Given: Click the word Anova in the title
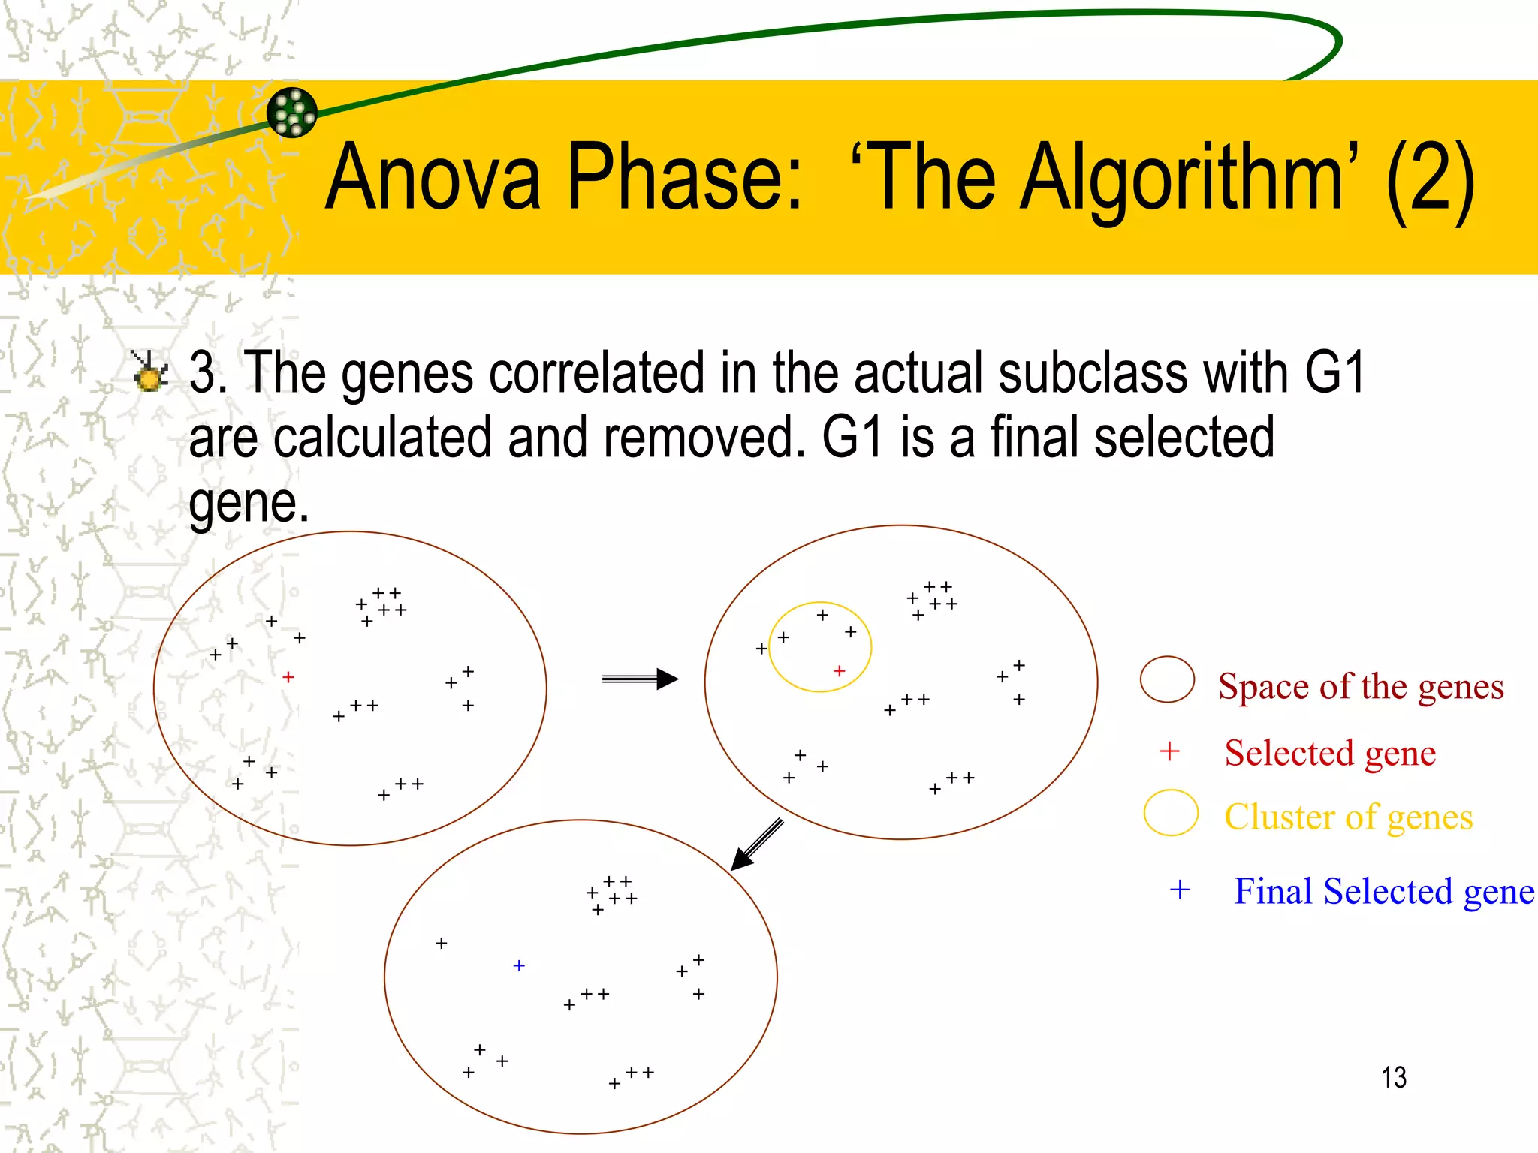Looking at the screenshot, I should click(x=433, y=178).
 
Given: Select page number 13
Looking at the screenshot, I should click(x=1393, y=1078).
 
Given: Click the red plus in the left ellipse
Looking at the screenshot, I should click(x=288, y=677).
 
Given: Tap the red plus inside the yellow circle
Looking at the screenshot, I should click(x=840, y=670).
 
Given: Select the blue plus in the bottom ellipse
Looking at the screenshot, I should click(x=519, y=965).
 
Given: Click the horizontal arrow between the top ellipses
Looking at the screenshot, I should click(x=640, y=679).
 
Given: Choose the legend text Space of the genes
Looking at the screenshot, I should click(x=1361, y=687).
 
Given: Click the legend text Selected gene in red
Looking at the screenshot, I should click(x=1330, y=753).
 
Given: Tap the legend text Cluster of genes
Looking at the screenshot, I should click(x=1348, y=817).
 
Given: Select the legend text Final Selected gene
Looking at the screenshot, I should click(x=1383, y=892).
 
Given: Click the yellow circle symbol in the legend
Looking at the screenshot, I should click(x=1171, y=813).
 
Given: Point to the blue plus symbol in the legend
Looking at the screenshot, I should click(x=1180, y=890).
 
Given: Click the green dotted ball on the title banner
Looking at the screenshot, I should click(x=292, y=113).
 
